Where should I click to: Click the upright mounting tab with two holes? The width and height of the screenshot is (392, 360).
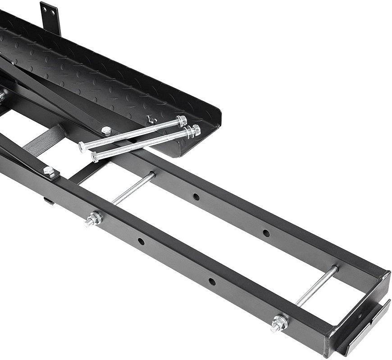pos(50,17)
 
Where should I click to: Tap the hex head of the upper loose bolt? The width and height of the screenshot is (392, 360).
pos(82,147)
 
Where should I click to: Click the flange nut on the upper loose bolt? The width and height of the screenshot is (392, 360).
pos(182,121)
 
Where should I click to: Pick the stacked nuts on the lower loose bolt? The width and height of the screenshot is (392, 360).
pos(195,131)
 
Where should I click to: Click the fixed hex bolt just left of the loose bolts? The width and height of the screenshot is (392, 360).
pos(106,131)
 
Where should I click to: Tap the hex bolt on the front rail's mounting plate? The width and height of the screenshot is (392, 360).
pos(49,171)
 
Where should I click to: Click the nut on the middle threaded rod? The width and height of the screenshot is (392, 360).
pos(93,219)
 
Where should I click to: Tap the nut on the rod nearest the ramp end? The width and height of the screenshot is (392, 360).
pos(279,323)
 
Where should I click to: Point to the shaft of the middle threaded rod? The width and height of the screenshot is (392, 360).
pos(133,189)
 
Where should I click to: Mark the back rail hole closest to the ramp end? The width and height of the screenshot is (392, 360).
pos(266,233)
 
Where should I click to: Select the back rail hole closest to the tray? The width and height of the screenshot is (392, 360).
pos(196,197)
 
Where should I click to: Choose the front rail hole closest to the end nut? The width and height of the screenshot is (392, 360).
pos(212,282)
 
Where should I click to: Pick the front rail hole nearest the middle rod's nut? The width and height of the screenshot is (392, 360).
pos(141,242)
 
